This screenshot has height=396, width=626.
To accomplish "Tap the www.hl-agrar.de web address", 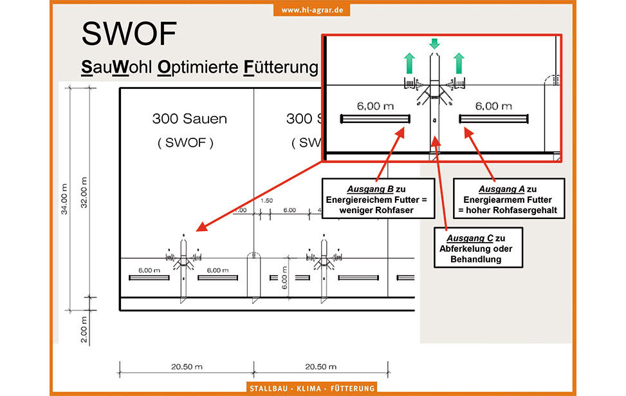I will coord(313,10).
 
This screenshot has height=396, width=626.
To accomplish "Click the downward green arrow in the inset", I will coord(434,43).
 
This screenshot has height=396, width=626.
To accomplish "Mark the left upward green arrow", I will coord(409,64).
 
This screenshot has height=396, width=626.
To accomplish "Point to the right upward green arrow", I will coord(459,64).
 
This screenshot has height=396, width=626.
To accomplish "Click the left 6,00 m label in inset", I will coord(375,106).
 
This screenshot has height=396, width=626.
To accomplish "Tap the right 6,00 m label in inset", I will coord(493,106).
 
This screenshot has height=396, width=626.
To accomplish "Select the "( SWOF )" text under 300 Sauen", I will coord(185,143).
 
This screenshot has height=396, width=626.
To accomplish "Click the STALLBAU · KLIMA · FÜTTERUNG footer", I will coord(313,388).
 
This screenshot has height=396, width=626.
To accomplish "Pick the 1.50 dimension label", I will coord(267,200).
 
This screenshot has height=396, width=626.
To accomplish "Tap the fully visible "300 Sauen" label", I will coord(189,118).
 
